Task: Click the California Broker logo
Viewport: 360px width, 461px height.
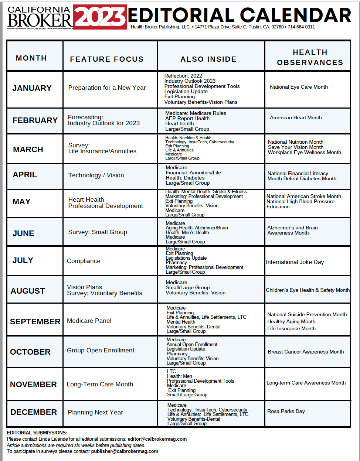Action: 40,17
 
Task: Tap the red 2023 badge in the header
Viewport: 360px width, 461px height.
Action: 100,17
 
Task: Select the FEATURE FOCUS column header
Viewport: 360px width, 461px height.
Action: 106,59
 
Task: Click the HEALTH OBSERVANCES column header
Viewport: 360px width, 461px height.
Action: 310,57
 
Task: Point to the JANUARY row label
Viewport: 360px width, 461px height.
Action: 32,88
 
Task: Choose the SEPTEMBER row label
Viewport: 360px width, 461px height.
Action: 35,322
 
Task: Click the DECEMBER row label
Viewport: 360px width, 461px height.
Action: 34,412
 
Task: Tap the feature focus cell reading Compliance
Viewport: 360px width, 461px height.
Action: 84,261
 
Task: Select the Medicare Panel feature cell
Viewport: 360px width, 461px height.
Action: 89,321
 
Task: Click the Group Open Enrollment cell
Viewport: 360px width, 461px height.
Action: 101,350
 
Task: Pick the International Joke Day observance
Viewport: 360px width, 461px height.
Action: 295,262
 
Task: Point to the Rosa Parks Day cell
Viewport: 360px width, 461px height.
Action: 286,411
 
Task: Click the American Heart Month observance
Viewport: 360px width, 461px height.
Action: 296,117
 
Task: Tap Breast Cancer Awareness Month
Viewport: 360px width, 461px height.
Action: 306,352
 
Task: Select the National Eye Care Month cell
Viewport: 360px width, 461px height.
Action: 299,87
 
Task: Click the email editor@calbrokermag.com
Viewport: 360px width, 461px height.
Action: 157,439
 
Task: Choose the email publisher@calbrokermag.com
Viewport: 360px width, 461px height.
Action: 125,451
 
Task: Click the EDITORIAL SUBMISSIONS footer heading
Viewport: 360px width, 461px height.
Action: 37,433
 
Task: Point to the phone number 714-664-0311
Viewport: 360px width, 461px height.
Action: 301,27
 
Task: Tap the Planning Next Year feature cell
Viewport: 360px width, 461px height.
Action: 95,412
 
